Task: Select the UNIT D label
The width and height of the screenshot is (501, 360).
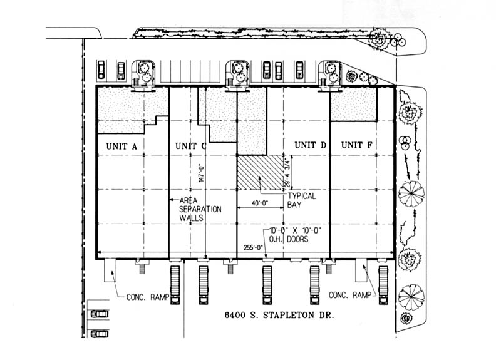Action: pyautogui.click(x=311, y=145)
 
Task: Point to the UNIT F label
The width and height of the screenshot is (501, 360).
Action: pyautogui.click(x=357, y=145)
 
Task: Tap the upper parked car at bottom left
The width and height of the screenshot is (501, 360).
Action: pyautogui.click(x=99, y=314)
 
